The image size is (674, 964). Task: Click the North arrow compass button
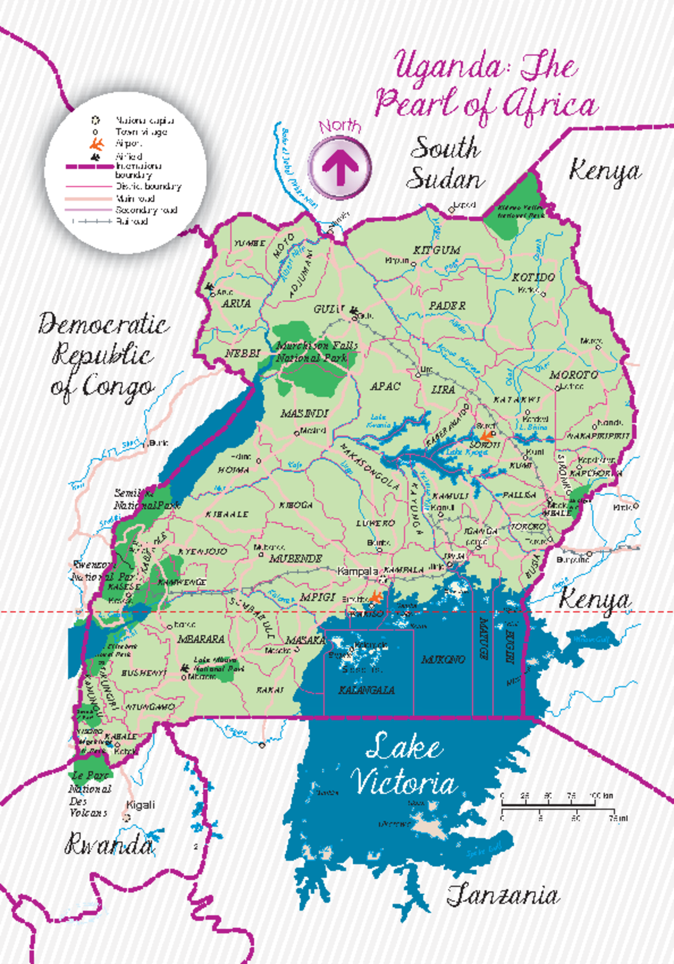[x=340, y=167]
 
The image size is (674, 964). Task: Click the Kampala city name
[x=357, y=572]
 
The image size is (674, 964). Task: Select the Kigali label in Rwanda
[x=140, y=805]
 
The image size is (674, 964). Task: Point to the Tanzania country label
[x=503, y=895]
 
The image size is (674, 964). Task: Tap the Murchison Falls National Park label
[x=316, y=352]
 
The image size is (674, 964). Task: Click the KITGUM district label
[x=437, y=250]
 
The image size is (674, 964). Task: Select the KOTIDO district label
[x=533, y=277]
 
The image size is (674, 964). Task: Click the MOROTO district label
[x=573, y=375]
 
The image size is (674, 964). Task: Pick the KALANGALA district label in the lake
[x=366, y=690]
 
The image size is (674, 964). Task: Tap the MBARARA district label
[x=201, y=639]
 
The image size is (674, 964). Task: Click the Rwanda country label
[x=109, y=844]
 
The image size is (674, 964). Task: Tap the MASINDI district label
[x=304, y=414]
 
